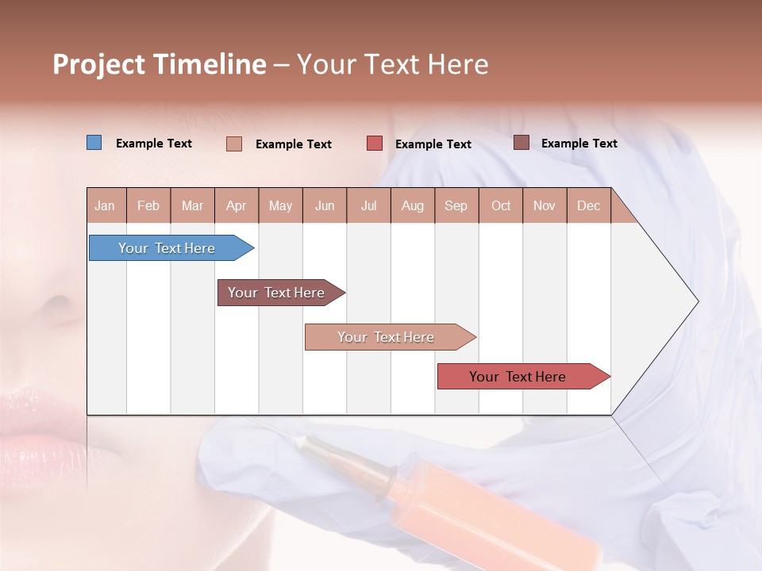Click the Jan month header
coord(105,205)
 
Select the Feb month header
coord(148,205)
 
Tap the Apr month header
coord(236,205)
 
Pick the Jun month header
coord(325,205)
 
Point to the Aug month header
coord(412,205)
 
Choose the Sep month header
coord(456,205)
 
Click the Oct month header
coord(501,205)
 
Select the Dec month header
coord(588,205)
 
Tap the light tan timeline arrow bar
coord(387,337)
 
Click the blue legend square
coord(94,143)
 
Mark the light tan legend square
coord(234,144)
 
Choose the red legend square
coord(375,144)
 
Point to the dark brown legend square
coord(521,143)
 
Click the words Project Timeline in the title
coord(160,64)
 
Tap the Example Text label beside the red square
coord(433,144)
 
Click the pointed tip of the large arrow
coord(696,301)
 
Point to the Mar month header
coord(192,205)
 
